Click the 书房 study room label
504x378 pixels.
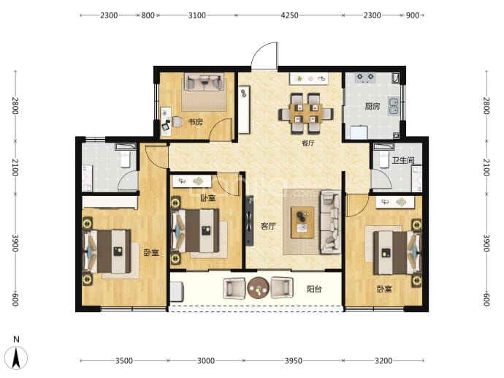coord(195,122)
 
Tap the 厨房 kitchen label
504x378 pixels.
coord(373,106)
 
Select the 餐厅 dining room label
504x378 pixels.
coord(308,143)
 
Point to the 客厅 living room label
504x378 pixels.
coord(268,226)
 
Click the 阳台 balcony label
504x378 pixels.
coord(313,290)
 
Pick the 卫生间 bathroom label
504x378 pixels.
coord(402,160)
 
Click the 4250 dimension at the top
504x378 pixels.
coord(289,15)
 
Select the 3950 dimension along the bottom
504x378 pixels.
coord(294,360)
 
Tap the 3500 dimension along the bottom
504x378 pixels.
coord(124,360)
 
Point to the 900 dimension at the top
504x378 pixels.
coord(413,15)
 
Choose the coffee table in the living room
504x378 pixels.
coord(302,222)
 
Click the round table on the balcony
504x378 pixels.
coord(258,288)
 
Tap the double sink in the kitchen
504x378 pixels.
coord(394,106)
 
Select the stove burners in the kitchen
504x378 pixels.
coord(365,78)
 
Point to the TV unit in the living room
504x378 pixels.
coord(249,221)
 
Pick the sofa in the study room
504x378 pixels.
coord(204,82)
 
